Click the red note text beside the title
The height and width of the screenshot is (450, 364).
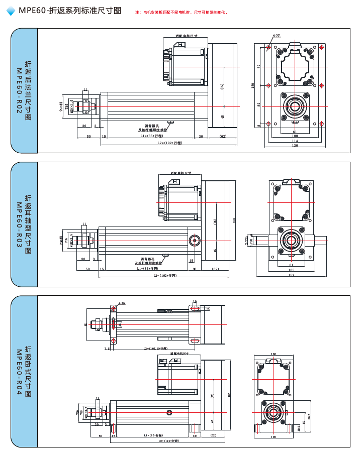click(181, 12)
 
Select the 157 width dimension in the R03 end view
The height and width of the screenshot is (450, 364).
click(291, 275)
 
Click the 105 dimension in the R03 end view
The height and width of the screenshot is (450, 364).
click(291, 270)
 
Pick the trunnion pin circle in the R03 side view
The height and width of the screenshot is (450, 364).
click(194, 241)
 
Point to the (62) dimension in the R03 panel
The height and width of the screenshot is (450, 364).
click(215, 269)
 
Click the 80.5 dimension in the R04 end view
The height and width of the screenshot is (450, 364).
click(310, 416)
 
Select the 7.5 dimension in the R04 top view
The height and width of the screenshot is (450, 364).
click(107, 348)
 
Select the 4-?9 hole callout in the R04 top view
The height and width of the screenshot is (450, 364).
click(121, 303)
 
